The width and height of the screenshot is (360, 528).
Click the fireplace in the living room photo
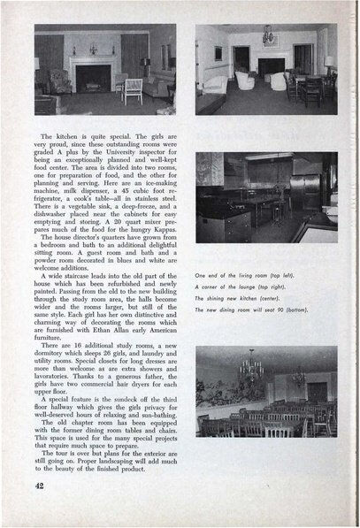click(x=93, y=78)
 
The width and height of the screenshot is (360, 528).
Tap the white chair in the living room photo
click(x=133, y=89)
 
